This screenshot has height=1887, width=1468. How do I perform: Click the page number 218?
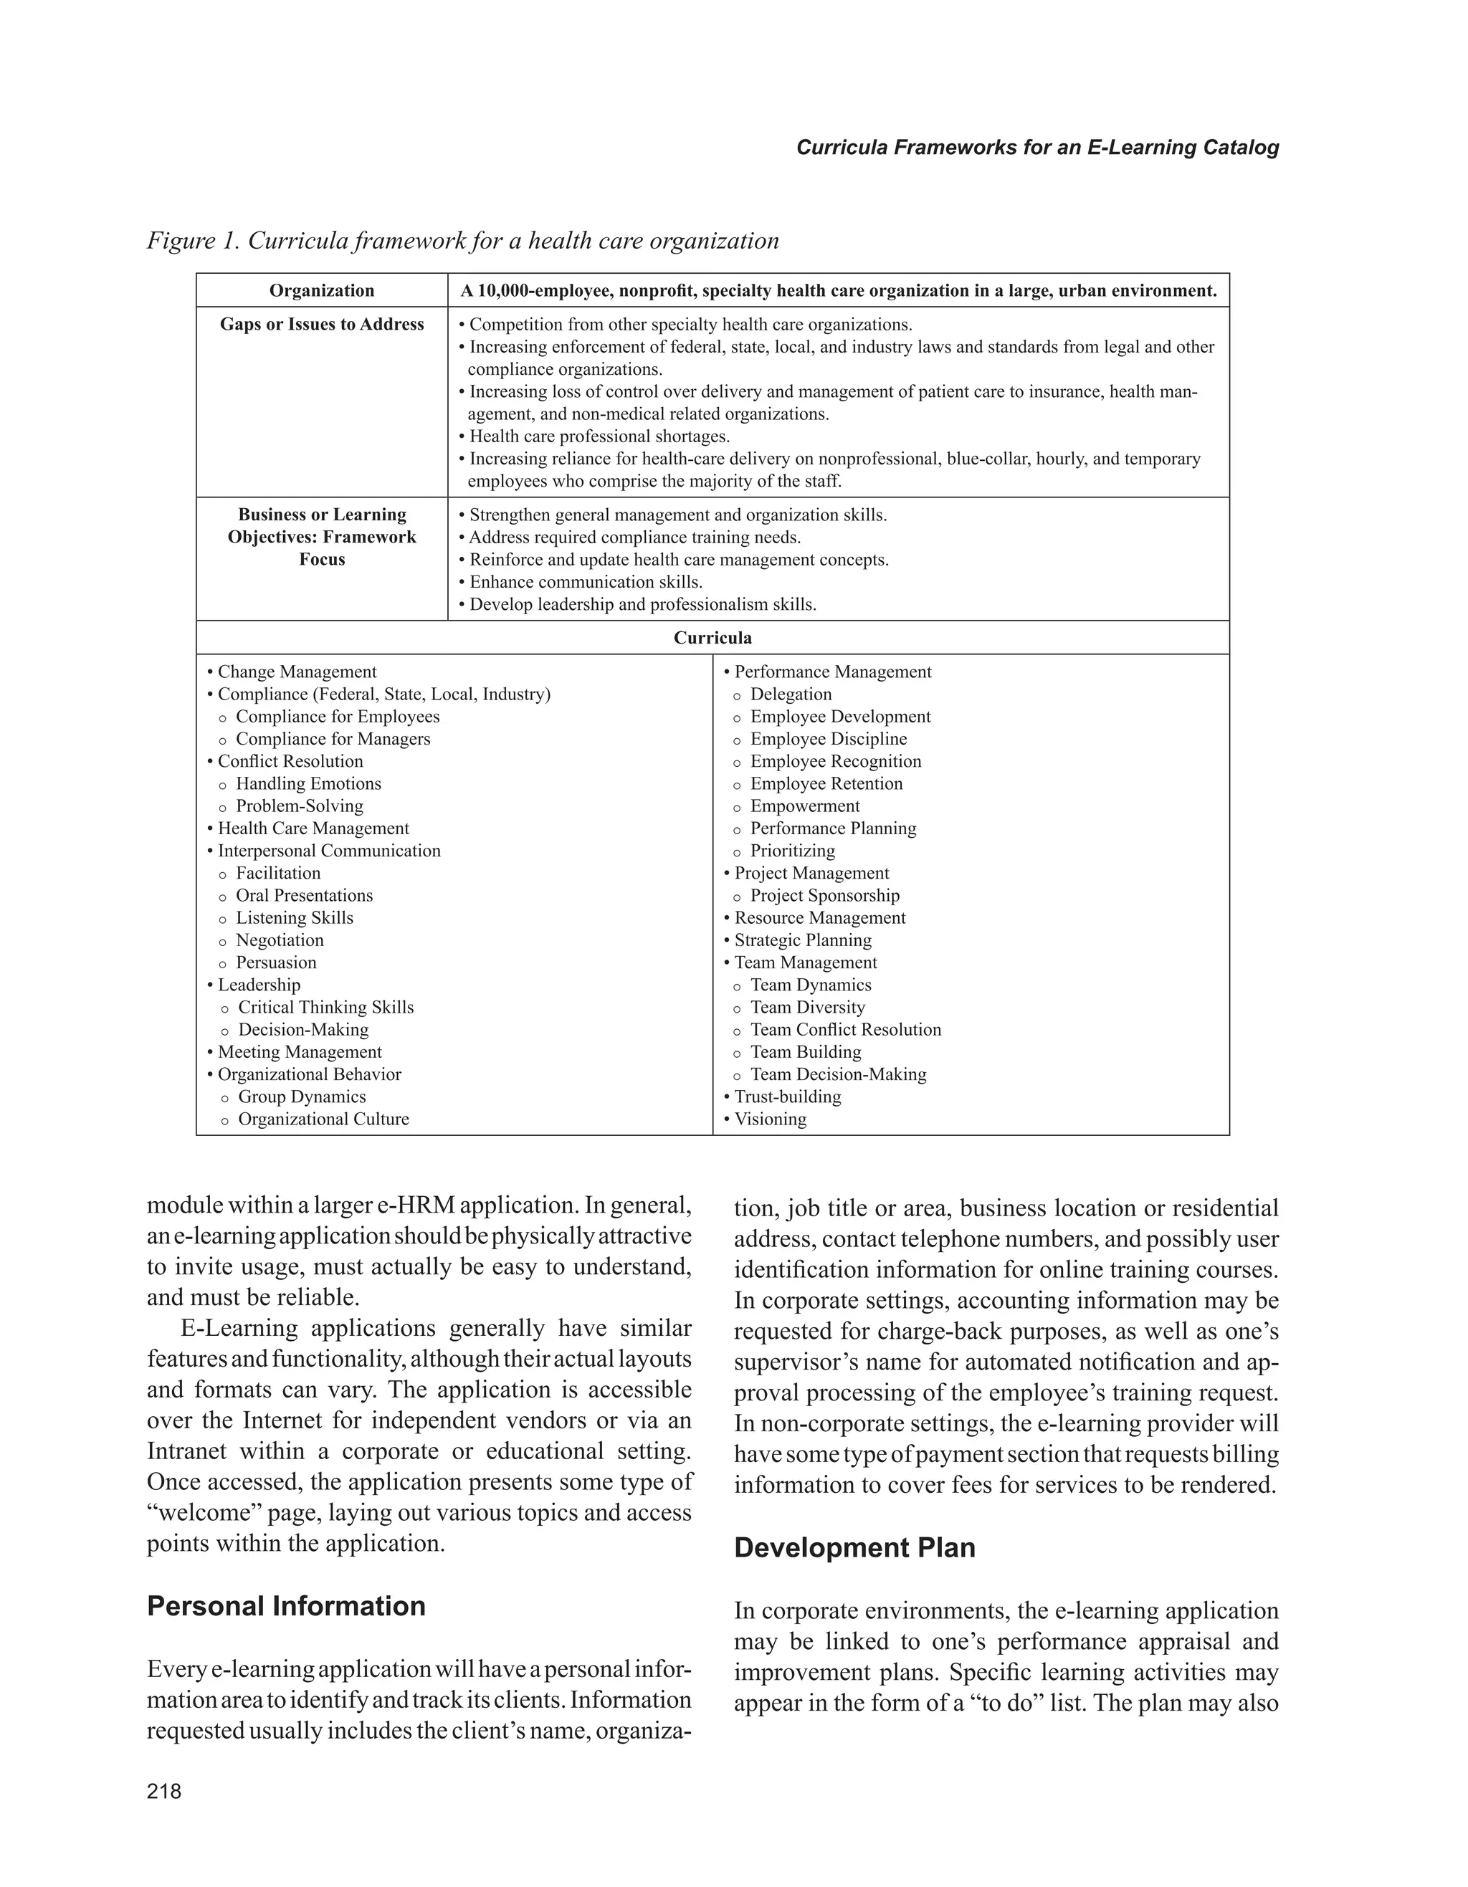[164, 1791]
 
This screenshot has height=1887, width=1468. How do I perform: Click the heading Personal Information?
[286, 1605]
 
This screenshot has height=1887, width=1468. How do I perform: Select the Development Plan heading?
[854, 1547]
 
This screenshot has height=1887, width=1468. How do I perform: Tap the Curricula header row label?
[712, 638]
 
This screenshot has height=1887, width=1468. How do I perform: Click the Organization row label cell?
[321, 290]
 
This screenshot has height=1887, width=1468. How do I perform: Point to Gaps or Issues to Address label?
[321, 324]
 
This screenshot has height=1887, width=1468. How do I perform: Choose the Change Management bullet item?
[296, 672]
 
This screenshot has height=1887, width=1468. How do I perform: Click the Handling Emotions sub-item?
[308, 783]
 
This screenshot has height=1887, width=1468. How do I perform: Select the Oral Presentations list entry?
[304, 895]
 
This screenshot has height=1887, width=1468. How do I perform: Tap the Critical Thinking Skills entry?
[325, 1008]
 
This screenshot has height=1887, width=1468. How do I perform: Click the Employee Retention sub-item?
[825, 783]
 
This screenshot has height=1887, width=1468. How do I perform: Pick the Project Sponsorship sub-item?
[824, 895]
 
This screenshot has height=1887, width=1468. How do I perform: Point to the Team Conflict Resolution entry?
[845, 1030]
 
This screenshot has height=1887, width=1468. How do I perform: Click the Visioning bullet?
[769, 1119]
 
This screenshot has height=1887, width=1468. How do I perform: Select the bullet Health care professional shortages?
[599, 436]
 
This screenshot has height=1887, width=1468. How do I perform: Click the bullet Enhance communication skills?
[585, 581]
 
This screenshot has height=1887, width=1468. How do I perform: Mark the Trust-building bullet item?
[786, 1097]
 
